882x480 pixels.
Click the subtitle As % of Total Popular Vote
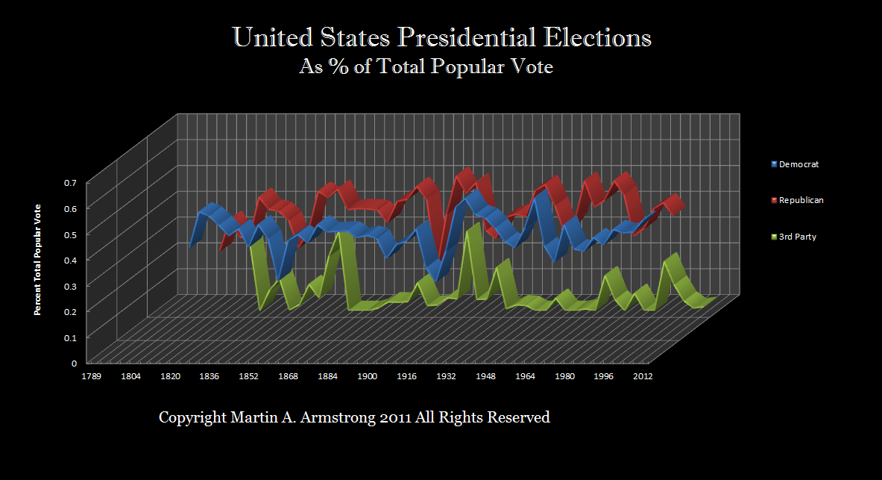pyautogui.click(x=426, y=67)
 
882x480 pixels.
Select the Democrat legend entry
pyautogui.click(x=798, y=164)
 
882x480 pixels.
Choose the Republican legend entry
pyautogui.click(x=801, y=200)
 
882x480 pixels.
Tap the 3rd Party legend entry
pyautogui.click(x=798, y=237)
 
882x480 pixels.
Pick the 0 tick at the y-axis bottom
pyautogui.click(x=74, y=364)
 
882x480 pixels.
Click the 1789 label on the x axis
pyautogui.click(x=92, y=377)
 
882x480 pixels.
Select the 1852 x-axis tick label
pyautogui.click(x=249, y=377)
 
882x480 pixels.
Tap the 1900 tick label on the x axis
pyautogui.click(x=367, y=377)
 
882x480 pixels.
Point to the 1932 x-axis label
pyautogui.click(x=446, y=377)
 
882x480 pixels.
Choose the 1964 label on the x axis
pyautogui.click(x=525, y=377)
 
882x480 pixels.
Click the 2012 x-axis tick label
pyautogui.click(x=643, y=377)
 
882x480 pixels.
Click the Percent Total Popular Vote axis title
pyautogui.click(x=38, y=259)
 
